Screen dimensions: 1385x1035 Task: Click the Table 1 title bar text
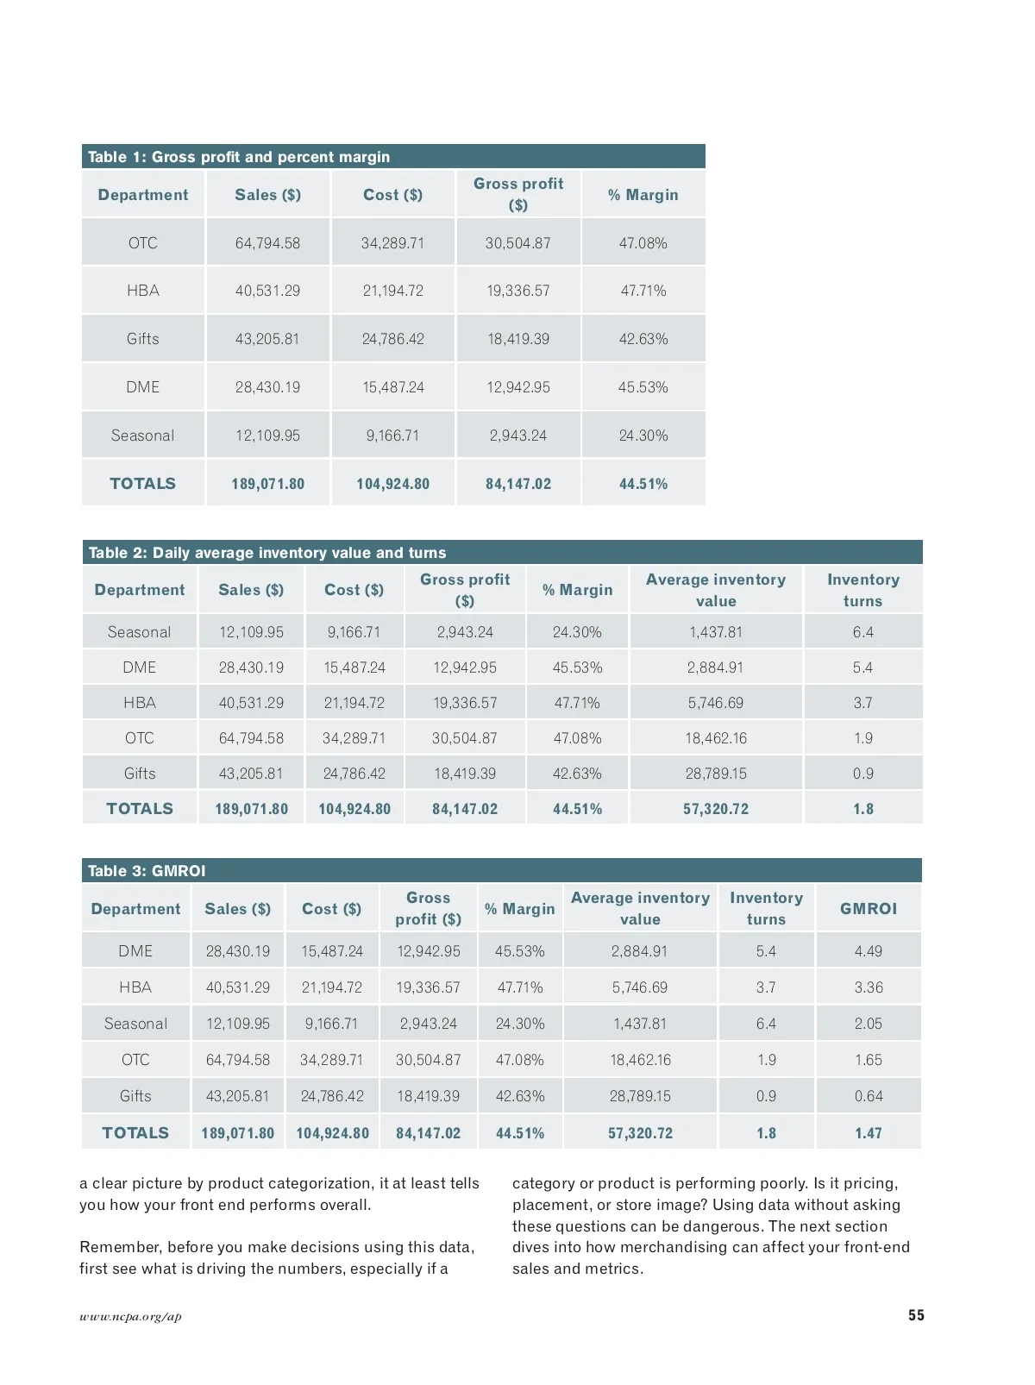coord(239,157)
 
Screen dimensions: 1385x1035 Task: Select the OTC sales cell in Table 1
coord(267,243)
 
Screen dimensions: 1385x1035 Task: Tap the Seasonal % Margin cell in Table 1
coord(643,436)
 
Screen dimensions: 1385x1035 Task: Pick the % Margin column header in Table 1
coord(643,195)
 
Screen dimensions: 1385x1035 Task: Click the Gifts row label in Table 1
coord(143,339)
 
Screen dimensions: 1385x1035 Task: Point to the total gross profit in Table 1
coord(518,484)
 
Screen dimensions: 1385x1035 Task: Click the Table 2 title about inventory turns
coord(267,553)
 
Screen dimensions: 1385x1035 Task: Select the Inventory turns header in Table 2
coord(862,590)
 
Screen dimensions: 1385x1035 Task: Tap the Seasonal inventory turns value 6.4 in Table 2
coord(862,632)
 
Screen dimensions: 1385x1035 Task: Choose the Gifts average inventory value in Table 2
coord(716,774)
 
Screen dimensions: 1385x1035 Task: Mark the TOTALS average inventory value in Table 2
coord(716,809)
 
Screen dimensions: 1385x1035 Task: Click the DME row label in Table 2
coord(140,667)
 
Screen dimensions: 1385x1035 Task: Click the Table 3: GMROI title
coord(147,871)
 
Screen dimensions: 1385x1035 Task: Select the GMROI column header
coord(869,909)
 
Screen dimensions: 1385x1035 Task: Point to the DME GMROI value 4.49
coord(869,951)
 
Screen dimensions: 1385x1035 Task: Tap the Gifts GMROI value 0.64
coord(869,1096)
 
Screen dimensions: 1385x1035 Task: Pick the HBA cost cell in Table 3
coord(332,987)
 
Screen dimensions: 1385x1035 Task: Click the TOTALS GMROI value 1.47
coord(869,1133)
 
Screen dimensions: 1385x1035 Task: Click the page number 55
coord(916,1315)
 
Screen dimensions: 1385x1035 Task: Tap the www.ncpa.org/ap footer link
coord(130,1317)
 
